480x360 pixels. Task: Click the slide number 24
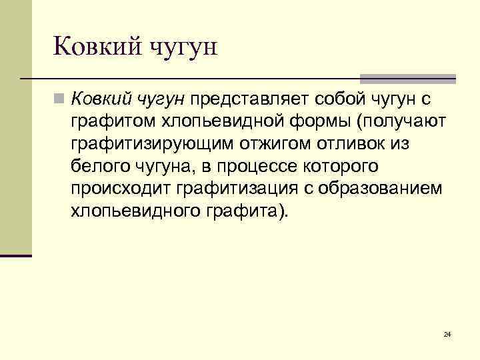(x=447, y=334)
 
